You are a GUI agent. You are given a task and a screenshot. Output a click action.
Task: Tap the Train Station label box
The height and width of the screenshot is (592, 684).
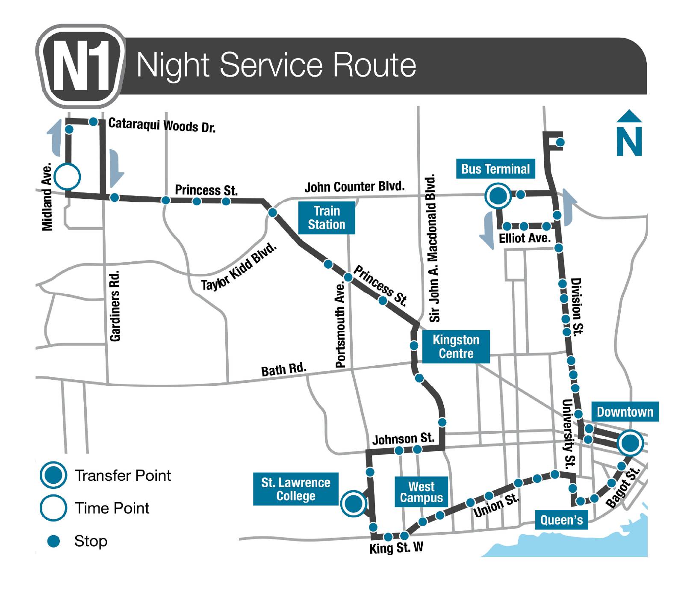click(x=327, y=218)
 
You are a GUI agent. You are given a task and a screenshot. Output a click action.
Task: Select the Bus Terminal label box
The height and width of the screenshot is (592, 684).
click(x=495, y=169)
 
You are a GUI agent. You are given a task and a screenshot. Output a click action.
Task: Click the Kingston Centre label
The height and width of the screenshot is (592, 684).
click(x=456, y=346)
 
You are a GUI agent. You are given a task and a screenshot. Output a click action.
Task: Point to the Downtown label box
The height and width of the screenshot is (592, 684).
click(x=625, y=412)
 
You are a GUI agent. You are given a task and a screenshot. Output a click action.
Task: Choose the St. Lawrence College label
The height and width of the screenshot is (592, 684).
click(x=295, y=489)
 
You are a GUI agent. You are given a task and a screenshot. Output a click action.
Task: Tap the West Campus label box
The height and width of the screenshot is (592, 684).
click(x=421, y=492)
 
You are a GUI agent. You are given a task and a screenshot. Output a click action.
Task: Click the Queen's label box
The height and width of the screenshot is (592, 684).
click(x=561, y=520)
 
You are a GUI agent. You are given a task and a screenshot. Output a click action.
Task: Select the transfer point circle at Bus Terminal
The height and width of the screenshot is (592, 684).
click(x=498, y=196)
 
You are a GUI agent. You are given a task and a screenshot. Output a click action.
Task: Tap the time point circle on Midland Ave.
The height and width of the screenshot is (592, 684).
click(x=68, y=176)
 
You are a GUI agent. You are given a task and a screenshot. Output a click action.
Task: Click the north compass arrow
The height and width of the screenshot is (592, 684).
click(x=629, y=133)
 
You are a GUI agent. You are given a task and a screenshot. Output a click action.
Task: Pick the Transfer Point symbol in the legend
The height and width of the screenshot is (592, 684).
click(x=53, y=475)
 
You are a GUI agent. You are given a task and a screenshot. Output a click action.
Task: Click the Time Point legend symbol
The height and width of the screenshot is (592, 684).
click(x=53, y=508)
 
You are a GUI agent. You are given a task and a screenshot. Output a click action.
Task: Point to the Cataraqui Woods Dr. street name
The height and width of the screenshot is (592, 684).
click(x=162, y=125)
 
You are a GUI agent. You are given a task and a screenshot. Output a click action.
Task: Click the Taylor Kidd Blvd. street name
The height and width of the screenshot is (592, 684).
click(x=239, y=266)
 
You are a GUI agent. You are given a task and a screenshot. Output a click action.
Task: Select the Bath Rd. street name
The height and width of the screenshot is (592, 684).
click(x=284, y=370)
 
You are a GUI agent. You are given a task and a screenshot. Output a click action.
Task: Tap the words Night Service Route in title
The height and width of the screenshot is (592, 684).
click(x=276, y=65)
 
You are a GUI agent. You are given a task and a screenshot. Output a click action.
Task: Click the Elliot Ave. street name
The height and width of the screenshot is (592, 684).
click(x=525, y=238)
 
